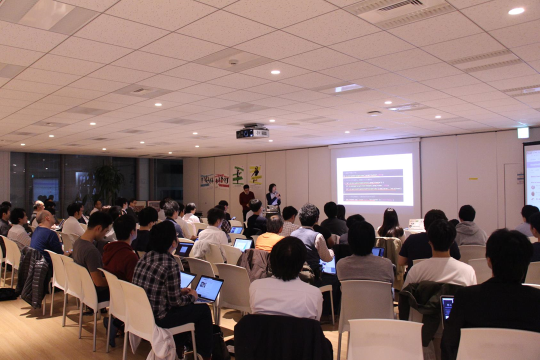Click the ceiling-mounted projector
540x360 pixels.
[x=252, y=132]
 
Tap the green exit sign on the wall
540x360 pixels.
[x=522, y=132]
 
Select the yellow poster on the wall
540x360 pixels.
[x=255, y=175]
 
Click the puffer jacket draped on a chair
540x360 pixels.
[x=34, y=275]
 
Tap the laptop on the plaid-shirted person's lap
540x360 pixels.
[x=208, y=289]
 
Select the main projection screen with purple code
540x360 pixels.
[x=374, y=179]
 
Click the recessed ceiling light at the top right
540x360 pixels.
[x=516, y=11]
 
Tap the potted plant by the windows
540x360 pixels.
[x=107, y=182]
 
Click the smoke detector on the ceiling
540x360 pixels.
[x=233, y=62]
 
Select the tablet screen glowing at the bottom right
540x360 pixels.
[x=446, y=306]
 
